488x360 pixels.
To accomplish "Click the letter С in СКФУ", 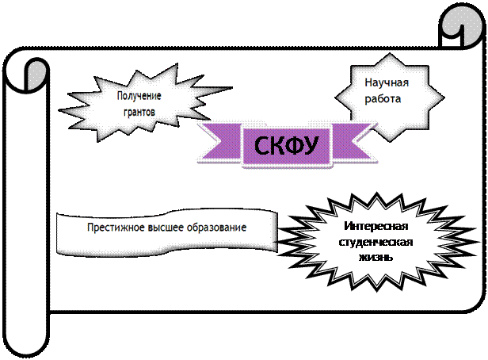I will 261,146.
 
